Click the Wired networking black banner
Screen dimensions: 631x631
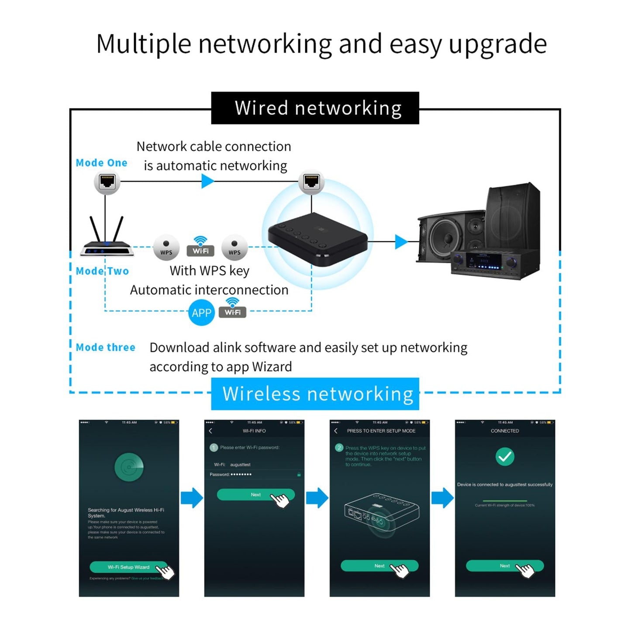coord(315,108)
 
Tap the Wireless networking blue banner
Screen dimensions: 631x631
coord(315,393)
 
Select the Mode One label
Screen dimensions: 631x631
coord(101,163)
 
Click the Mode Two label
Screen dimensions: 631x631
coord(102,271)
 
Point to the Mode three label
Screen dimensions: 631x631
coord(105,348)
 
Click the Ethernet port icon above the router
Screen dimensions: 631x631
coord(107,181)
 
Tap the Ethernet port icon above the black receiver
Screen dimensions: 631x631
coord(311,181)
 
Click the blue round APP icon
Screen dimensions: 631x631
coord(201,313)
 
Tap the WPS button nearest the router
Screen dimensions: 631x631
coord(166,248)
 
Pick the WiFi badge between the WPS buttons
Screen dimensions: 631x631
coord(200,247)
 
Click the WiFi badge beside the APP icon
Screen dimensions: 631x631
coord(232,309)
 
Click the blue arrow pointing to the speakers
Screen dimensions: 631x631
coord(400,241)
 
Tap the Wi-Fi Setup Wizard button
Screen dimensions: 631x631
coord(128,567)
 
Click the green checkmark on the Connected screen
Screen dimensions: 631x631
coord(505,457)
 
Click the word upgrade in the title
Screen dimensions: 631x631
coord(497,44)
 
